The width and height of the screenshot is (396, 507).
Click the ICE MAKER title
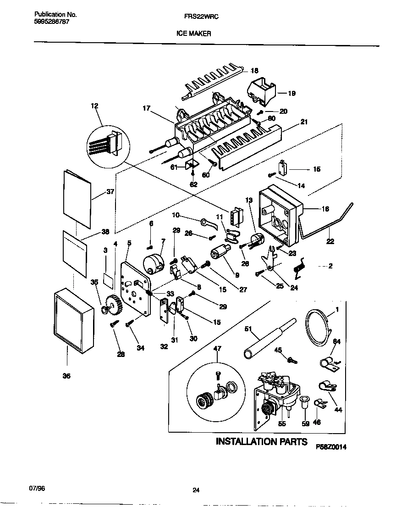[193, 33]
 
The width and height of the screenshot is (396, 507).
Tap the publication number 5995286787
[52, 22]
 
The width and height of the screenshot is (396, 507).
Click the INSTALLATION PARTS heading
[261, 442]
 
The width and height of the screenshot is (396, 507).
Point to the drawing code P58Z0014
[331, 446]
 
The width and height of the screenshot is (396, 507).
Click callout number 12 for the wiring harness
[94, 106]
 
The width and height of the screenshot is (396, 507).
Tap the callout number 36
[66, 376]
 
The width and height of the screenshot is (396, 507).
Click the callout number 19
[291, 93]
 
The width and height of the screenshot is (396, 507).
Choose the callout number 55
[282, 423]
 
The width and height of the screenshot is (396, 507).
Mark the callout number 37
[110, 192]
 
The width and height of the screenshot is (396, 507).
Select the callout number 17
[146, 109]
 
